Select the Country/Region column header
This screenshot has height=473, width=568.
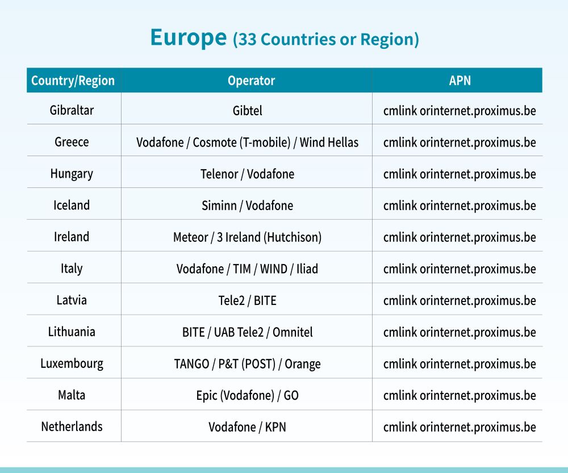73,81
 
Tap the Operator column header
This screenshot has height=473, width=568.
251,81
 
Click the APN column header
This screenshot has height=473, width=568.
460,81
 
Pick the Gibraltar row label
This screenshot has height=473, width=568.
72,110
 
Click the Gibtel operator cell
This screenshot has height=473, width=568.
248,111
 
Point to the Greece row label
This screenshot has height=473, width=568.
72,142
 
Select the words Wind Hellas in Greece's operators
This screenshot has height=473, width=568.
329,143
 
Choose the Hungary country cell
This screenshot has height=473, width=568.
72,174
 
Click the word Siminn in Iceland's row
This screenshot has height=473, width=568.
219,206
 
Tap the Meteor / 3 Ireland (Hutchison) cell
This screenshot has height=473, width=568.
248,237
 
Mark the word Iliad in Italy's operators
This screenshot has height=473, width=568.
307,269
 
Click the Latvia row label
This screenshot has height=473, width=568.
72,300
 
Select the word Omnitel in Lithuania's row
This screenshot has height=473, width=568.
293,332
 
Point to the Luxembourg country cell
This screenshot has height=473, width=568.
72,363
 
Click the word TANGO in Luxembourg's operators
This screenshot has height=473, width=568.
191,363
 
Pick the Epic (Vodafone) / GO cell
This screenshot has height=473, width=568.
248,396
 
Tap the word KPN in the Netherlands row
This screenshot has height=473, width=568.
275,427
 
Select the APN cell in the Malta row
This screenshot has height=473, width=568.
460,396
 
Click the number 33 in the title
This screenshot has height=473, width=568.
247,40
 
